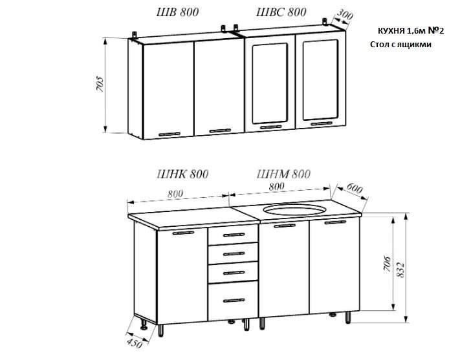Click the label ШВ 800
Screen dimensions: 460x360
[178, 12]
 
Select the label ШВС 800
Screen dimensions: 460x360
[281, 12]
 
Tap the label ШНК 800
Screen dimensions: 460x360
[182, 174]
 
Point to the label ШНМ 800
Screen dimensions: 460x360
[283, 174]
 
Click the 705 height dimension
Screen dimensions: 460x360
[100, 85]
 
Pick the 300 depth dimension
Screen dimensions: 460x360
[344, 15]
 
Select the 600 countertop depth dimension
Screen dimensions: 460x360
[355, 188]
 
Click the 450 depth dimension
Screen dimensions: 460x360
[135, 343]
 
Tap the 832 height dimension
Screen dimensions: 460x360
[400, 269]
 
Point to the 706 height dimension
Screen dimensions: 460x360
[388, 264]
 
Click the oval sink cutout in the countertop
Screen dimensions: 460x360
[294, 209]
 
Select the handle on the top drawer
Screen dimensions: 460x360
[234, 235]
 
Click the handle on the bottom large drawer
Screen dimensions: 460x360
[234, 301]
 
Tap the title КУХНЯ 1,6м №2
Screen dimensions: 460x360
[411, 31]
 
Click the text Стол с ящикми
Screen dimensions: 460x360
[400, 45]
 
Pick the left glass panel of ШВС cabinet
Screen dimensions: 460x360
[270, 83]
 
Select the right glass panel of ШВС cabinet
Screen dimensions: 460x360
[320, 79]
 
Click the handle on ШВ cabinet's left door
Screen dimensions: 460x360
[170, 134]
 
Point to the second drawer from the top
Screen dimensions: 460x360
[233, 253]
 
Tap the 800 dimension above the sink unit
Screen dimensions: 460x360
[276, 186]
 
